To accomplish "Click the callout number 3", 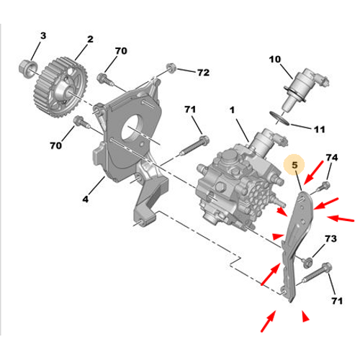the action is coord(43,36).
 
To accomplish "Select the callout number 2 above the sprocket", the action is coord(90,39).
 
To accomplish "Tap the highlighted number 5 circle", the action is coord(294,165).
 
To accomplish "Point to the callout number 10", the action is coord(275,59).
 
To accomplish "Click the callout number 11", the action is coord(320,130).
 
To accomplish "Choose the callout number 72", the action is coord(203,73).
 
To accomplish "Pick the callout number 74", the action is coord(332,158).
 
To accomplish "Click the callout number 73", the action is coord(330,238).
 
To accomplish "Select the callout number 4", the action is coord(86,199).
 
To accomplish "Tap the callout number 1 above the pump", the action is coord(232,110).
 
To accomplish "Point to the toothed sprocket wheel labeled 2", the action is coord(60,87).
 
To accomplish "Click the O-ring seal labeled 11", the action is coord(279,118).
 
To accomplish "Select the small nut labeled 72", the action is coord(171,67).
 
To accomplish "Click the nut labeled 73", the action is coord(307,263).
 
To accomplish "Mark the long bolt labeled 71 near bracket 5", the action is coord(315,274).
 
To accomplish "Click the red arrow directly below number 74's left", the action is coord(314,173).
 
